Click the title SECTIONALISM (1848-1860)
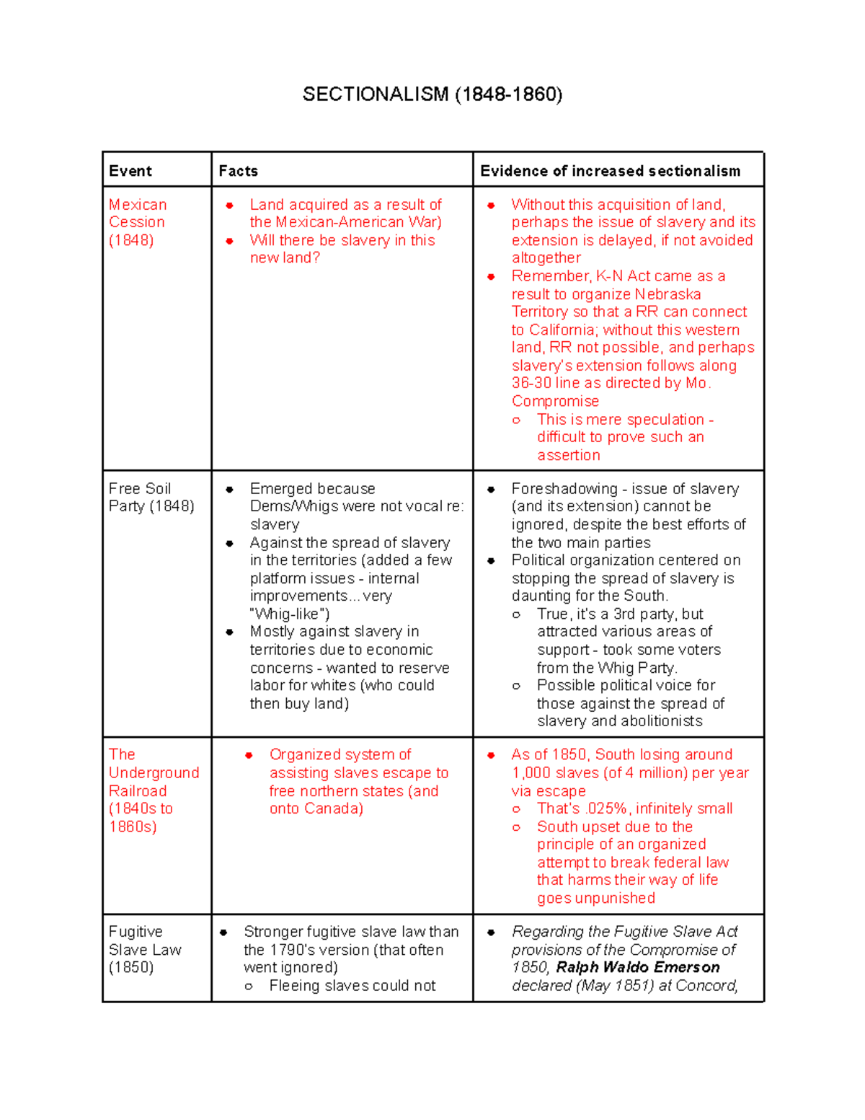[432, 94]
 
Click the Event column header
[130, 171]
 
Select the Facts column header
[239, 171]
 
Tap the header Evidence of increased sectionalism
[611, 171]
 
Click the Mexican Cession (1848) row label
[137, 222]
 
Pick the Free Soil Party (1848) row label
[151, 498]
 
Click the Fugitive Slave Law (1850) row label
[144, 949]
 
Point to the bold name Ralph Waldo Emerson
[638, 967]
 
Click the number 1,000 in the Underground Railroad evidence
[532, 773]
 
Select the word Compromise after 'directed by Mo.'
[555, 401]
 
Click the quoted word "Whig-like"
[290, 614]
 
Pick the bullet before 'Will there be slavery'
[229, 241]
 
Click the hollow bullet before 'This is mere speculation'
[516, 420]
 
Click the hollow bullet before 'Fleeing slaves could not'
[249, 987]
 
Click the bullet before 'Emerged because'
[229, 490]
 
